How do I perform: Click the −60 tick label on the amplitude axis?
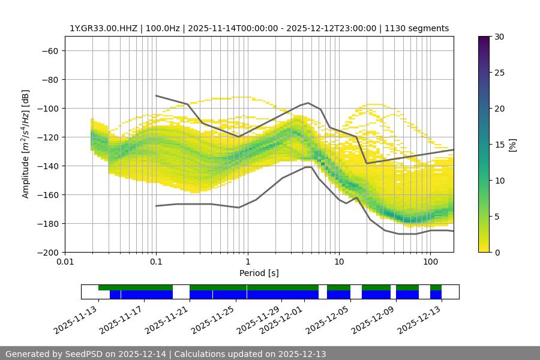tap(49, 50)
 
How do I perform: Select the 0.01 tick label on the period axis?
tap(65, 262)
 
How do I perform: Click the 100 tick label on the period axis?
tap(430, 262)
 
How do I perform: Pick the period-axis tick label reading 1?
tap(247, 262)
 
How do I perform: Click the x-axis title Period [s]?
tap(259, 273)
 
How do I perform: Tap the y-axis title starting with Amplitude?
tap(26, 144)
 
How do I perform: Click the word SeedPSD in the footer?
tap(83, 354)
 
